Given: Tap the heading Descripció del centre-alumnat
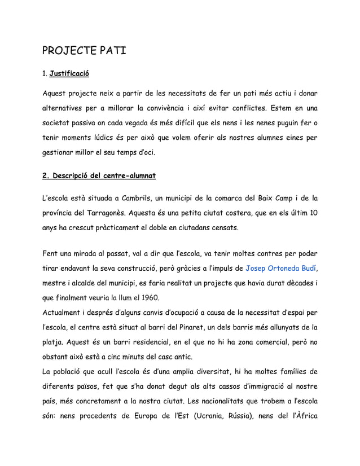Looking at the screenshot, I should [x=99, y=175].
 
